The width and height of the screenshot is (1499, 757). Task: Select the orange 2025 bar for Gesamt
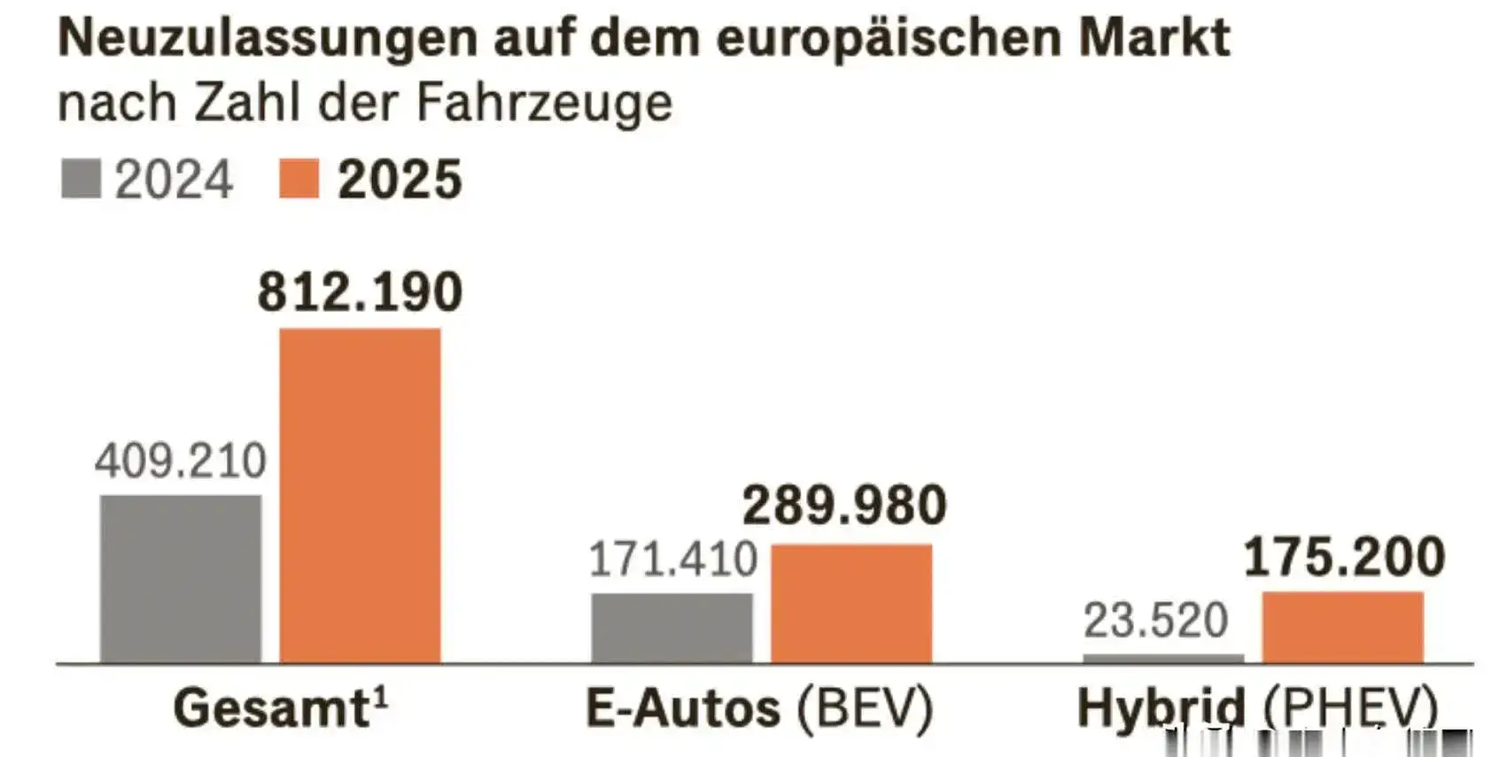[x=360, y=495]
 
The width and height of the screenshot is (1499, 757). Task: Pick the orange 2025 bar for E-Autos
[x=850, y=603]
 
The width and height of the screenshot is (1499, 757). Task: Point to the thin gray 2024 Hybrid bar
[x=1162, y=658]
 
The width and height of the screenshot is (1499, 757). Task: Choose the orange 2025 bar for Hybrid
[x=1342, y=626]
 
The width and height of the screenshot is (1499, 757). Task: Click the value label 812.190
[x=360, y=292]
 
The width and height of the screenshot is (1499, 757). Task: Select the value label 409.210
[x=181, y=461]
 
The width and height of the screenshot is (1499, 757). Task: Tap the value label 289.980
[x=844, y=506]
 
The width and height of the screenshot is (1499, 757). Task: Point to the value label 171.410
[x=672, y=560]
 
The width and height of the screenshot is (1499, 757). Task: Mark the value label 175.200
[x=1344, y=557]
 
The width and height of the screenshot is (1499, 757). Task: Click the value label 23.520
[x=1155, y=620]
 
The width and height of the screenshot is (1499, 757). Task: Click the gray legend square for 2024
[x=81, y=179]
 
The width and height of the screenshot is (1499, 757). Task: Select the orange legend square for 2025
[x=299, y=179]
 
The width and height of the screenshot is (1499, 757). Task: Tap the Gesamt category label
[x=270, y=708]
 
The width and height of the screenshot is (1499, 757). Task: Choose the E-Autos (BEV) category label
[x=759, y=708]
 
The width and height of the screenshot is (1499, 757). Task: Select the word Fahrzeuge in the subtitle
[x=543, y=104]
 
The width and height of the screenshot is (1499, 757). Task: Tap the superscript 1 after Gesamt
[x=380, y=697]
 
